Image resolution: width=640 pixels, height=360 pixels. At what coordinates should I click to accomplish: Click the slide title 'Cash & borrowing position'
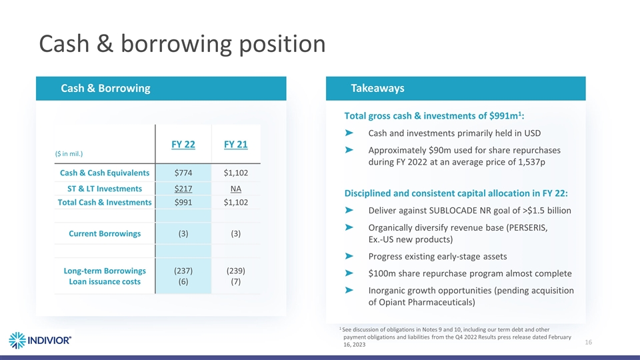tap(182, 44)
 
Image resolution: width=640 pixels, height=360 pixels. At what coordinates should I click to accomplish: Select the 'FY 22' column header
tap(183, 145)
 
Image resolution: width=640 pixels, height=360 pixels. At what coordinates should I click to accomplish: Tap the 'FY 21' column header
tap(235, 145)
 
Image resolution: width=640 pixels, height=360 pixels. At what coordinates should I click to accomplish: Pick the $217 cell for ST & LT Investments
tap(183, 189)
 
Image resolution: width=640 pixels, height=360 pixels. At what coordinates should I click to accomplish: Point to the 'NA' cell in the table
tap(235, 189)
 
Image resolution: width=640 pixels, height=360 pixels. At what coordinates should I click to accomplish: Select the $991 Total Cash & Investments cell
tap(183, 202)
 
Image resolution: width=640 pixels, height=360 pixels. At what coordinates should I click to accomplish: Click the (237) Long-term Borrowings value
tap(183, 271)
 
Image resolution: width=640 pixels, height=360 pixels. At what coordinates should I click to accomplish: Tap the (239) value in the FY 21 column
tap(235, 271)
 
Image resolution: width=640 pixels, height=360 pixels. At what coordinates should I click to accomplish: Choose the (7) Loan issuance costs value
tap(235, 281)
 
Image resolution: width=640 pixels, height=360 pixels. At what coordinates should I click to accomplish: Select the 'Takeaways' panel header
tap(377, 89)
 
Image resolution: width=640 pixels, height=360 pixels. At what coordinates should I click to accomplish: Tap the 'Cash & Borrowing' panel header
tap(105, 89)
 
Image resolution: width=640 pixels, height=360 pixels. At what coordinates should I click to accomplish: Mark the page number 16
tap(589, 342)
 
